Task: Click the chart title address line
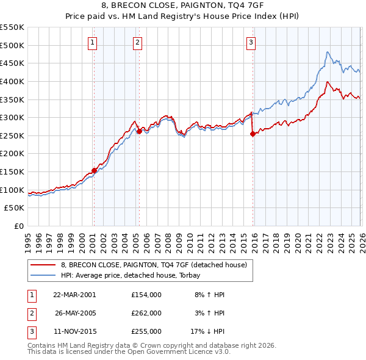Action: click(x=183, y=6)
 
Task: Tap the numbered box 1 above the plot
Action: click(x=92, y=42)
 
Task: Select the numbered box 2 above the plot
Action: click(x=138, y=42)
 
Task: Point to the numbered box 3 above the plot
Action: click(x=251, y=42)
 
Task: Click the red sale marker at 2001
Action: click(x=94, y=170)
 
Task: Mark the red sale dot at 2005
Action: click(x=139, y=131)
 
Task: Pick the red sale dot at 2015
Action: click(x=253, y=134)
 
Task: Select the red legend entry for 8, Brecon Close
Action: click(x=153, y=265)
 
